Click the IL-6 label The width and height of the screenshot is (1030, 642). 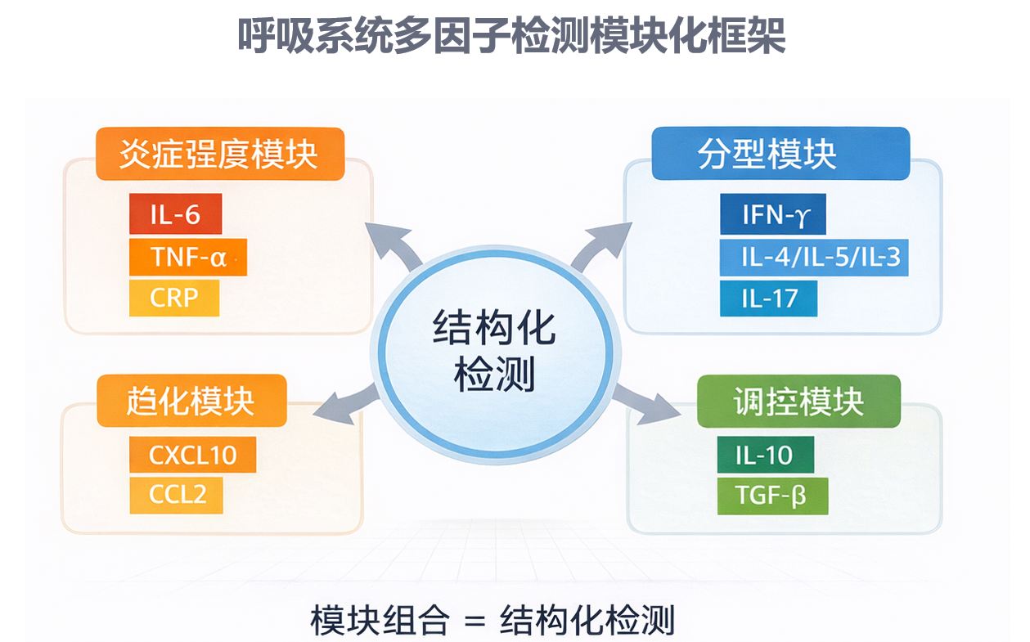pos(175,214)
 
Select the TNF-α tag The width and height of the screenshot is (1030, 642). pos(187,257)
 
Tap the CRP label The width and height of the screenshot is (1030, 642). pos(174,298)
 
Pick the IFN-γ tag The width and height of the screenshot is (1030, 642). pos(773,215)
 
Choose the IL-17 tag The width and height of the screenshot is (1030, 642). pos(768,298)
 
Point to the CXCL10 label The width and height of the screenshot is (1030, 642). pos(192,455)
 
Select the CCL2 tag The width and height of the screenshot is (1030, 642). pos(176,495)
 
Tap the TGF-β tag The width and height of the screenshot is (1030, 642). pos(772,496)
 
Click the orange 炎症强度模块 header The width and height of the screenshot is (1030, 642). pos(219,154)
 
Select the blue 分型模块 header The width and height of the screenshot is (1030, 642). pos(780,154)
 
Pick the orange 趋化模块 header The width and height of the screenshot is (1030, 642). pos(191,401)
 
